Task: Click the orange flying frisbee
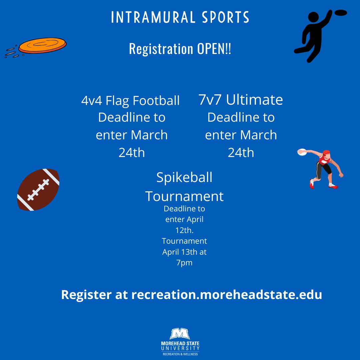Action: click(42, 46)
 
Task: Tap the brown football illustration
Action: click(38, 190)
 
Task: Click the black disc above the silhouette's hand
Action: click(341, 13)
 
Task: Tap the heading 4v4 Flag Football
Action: click(130, 101)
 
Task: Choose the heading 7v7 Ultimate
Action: click(241, 100)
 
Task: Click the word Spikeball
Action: click(184, 177)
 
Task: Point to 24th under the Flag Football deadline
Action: click(132, 153)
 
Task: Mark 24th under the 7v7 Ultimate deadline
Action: click(241, 153)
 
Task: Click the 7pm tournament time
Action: click(184, 263)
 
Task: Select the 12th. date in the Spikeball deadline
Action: click(184, 230)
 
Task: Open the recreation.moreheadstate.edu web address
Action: click(227, 295)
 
